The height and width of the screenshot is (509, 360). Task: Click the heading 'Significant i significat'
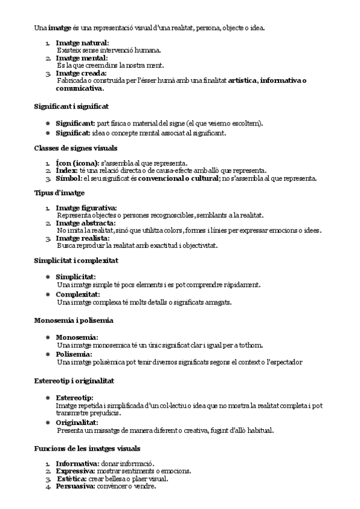tap(71, 106)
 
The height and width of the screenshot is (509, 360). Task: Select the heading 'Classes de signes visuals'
tap(76, 148)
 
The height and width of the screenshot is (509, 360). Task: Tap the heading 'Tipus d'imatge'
tap(59, 193)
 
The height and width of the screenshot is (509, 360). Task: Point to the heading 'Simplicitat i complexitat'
tap(76, 261)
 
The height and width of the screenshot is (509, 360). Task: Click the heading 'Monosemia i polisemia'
tap(74, 321)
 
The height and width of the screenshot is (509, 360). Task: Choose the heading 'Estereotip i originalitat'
tap(74, 381)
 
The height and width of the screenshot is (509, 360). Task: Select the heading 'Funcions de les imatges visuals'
tap(88, 448)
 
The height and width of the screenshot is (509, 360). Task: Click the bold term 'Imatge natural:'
tap(82, 43)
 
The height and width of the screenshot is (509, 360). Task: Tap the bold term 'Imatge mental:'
tap(81, 58)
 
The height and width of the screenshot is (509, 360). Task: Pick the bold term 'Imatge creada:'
tap(81, 73)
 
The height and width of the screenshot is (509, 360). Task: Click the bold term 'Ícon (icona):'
tap(77, 163)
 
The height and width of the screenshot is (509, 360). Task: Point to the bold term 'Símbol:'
tap(68, 178)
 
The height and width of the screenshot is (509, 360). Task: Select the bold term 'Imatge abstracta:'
tap(86, 223)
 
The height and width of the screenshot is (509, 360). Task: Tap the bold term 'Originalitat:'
tap(77, 423)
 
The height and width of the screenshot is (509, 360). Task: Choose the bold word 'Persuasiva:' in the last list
tap(76, 486)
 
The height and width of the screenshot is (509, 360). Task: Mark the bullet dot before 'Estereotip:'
tap(48, 398)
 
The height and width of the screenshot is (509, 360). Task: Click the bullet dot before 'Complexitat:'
tap(48, 295)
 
